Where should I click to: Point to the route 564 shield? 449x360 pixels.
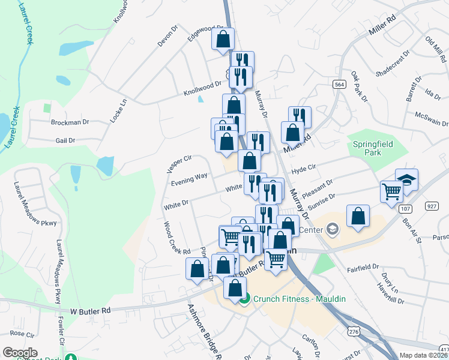point(340,85)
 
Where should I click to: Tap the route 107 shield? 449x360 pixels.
point(404,206)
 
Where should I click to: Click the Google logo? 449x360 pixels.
point(20,352)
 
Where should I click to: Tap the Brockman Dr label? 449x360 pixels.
point(70,122)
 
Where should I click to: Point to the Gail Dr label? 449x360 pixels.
point(65,140)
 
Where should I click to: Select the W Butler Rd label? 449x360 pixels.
point(91,311)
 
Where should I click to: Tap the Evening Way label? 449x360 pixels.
point(189,179)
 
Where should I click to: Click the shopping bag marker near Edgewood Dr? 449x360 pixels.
point(223,39)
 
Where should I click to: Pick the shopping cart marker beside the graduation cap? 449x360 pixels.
point(391,192)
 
